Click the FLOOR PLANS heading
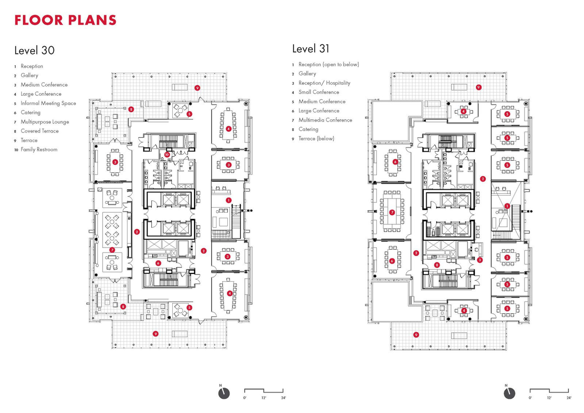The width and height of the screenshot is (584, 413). point(65,20)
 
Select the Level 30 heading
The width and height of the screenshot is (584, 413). point(35,50)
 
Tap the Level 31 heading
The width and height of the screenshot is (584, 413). point(310,48)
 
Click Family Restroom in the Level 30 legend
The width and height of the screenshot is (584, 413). point(38,149)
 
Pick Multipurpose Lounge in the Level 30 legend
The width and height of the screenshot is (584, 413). point(44,122)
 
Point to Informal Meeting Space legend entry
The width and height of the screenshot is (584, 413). point(48,103)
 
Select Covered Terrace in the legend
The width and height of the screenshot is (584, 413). point(39,131)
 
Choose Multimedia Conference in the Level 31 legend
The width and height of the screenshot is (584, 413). point(325,120)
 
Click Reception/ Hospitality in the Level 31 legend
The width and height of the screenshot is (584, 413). point(324,83)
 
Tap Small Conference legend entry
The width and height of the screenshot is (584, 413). point(318,92)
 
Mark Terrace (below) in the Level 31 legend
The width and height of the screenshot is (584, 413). point(316,139)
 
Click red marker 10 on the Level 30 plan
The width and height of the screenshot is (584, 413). point(167,154)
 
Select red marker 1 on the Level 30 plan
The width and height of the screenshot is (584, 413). point(228,200)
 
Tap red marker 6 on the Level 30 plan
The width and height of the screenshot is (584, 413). point(159,263)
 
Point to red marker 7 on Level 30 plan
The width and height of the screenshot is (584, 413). point(112,250)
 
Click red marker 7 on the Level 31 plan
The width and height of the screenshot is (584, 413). point(392,212)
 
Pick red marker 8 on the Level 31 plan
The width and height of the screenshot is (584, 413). point(437,265)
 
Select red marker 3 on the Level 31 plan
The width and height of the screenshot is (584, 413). point(480,260)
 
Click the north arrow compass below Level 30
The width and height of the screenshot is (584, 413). point(223,393)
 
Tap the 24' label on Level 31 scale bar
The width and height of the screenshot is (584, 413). point(569,398)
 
